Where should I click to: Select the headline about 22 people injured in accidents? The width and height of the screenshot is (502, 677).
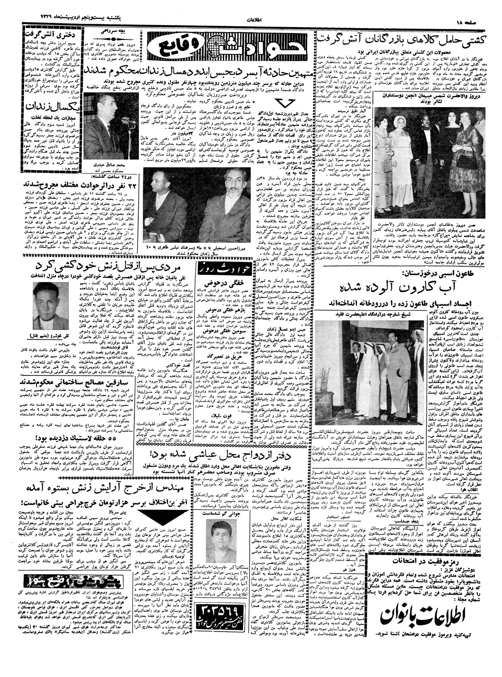click(80, 184)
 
